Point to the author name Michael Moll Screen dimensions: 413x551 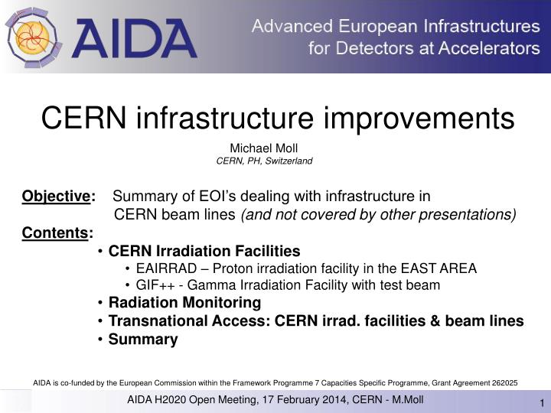pos(263,148)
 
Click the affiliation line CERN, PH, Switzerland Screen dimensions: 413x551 pos(264,161)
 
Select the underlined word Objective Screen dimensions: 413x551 pos(56,197)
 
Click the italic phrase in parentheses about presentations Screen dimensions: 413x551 pos(378,214)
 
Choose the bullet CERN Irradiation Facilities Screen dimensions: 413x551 pos(204,251)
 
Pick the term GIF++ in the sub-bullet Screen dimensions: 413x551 pos(153,285)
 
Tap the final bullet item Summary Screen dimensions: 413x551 pos(143,339)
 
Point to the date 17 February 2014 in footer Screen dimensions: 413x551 pos(286,401)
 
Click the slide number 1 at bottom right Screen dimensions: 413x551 pos(542,404)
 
